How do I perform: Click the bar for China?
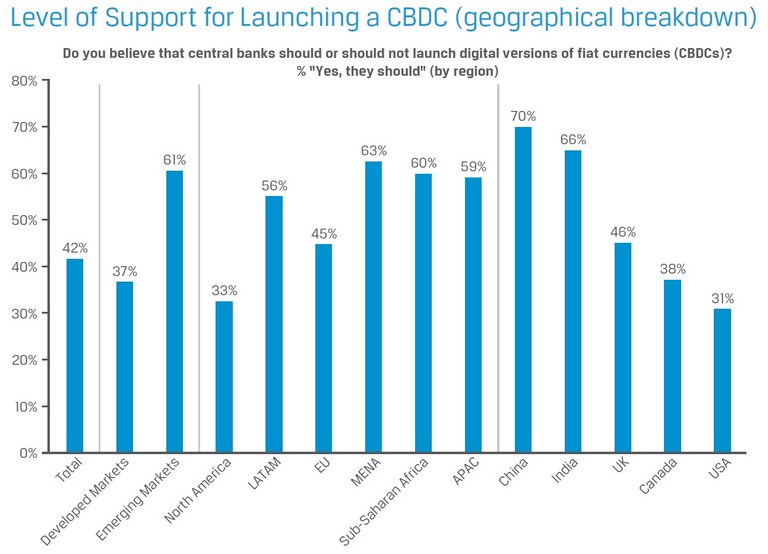(x=523, y=290)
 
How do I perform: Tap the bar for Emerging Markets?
(x=174, y=311)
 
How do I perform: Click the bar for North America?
(x=224, y=377)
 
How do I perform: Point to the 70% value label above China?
(x=523, y=116)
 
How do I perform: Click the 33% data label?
(x=224, y=290)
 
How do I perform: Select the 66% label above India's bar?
(x=573, y=139)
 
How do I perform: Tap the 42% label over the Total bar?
(x=75, y=248)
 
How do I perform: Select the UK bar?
(x=623, y=348)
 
